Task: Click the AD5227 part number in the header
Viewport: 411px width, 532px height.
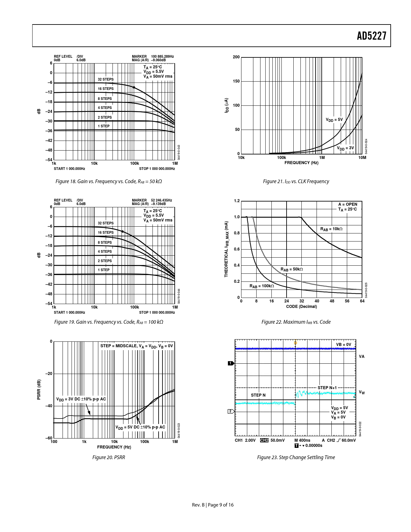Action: (371, 36)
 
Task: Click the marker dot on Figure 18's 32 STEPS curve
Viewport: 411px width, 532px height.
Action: (134, 87)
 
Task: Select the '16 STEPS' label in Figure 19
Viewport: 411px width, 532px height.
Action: (106, 232)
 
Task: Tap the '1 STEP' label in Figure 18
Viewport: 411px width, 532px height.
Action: (104, 126)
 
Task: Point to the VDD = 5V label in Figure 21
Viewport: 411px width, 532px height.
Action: (334, 120)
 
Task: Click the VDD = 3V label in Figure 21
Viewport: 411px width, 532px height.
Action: (346, 148)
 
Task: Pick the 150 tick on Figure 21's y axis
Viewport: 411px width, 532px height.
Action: (236, 81)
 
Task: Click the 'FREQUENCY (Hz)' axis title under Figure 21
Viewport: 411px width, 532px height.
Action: (301, 163)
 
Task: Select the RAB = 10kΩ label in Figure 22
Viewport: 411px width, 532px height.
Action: (331, 229)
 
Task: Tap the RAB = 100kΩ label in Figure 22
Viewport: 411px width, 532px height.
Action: (262, 286)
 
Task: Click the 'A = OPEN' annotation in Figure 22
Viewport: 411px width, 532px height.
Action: (348, 204)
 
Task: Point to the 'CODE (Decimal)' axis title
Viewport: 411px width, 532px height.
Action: (301, 307)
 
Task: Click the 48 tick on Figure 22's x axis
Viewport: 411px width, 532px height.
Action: (332, 301)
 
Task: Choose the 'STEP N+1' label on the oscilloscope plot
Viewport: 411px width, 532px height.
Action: (327, 388)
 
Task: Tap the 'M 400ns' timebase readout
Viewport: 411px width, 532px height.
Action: (302, 440)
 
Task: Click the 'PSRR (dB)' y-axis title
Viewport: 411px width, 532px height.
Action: (39, 389)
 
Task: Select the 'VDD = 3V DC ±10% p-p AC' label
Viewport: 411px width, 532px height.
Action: (81, 399)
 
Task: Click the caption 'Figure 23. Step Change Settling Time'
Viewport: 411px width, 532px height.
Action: (296, 457)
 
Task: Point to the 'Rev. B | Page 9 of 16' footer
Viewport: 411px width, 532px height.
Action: (213, 505)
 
